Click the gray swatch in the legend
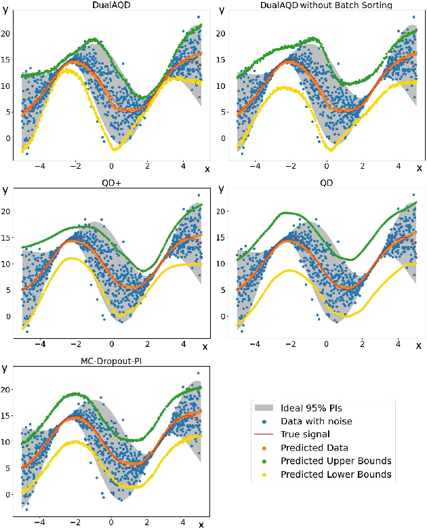click(x=264, y=408)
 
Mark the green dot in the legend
click(x=264, y=461)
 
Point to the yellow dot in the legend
click(x=264, y=474)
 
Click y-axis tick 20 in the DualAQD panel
click(x=8, y=33)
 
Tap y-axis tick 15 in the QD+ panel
click(x=8, y=237)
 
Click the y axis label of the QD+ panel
click(x=5, y=190)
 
